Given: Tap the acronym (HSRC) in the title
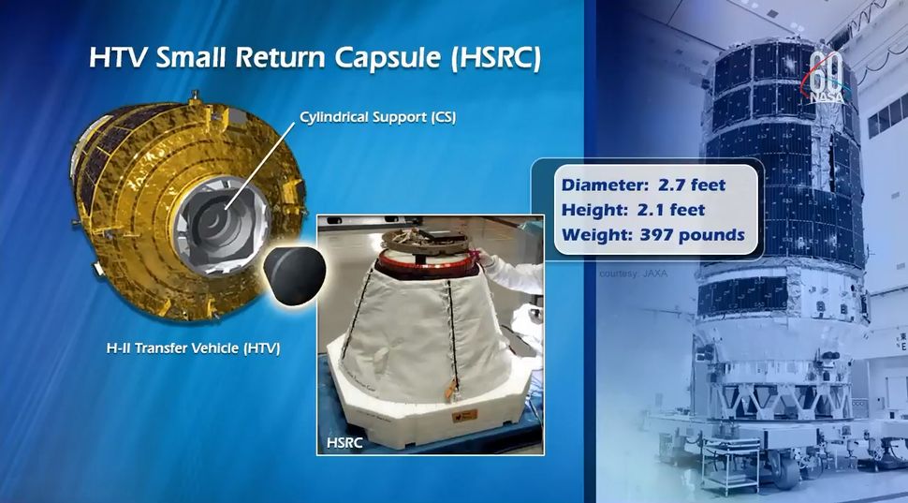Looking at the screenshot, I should [x=495, y=59].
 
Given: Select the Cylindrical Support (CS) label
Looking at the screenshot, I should [x=377, y=118].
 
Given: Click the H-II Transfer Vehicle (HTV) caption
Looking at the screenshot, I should [x=193, y=348].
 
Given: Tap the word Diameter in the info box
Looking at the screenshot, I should [x=597, y=185].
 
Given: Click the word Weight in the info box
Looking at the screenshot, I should [x=590, y=234].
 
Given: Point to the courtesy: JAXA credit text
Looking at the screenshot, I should [x=634, y=274].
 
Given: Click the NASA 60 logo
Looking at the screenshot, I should [x=827, y=76].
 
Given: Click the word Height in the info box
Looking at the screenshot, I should [x=587, y=210].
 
